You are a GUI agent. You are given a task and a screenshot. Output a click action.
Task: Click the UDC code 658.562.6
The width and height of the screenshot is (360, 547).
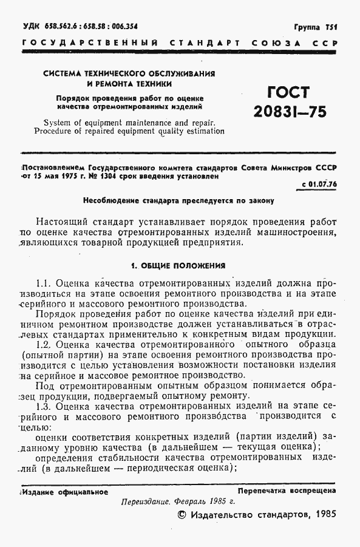(59, 27)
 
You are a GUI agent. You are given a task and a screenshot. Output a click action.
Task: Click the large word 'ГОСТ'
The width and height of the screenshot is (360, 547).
(288, 93)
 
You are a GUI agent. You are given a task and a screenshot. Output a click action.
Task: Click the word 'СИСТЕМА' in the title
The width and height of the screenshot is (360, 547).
(63, 73)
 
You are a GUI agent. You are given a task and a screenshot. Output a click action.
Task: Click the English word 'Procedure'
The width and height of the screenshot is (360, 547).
(55, 130)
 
